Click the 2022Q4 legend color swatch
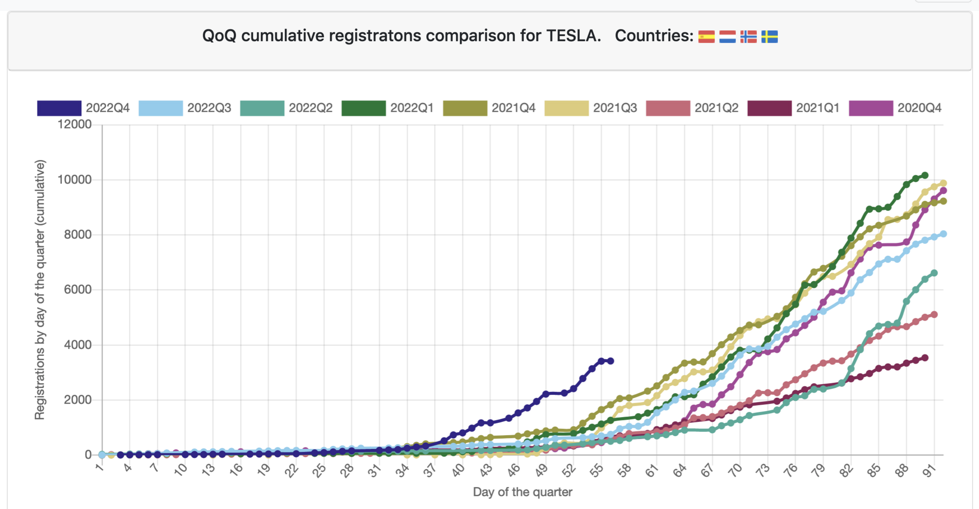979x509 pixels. point(59,108)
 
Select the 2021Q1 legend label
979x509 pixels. point(817,108)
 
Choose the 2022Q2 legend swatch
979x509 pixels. point(262,108)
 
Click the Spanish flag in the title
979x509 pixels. point(706,37)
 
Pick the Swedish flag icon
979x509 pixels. point(769,37)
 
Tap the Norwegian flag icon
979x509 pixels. point(748,37)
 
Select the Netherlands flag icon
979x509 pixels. point(727,37)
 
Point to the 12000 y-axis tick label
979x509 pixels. point(74,124)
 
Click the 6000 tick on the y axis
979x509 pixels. point(77,290)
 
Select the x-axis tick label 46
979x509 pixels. point(513,471)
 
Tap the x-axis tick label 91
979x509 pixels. point(930,471)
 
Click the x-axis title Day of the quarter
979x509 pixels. point(522,492)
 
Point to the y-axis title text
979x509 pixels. point(40,290)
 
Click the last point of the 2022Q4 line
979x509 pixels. point(610,361)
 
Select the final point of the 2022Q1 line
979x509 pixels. point(925,175)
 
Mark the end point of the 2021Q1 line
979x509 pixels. point(925,358)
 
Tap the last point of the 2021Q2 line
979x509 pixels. point(934,315)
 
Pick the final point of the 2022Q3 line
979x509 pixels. point(943,234)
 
